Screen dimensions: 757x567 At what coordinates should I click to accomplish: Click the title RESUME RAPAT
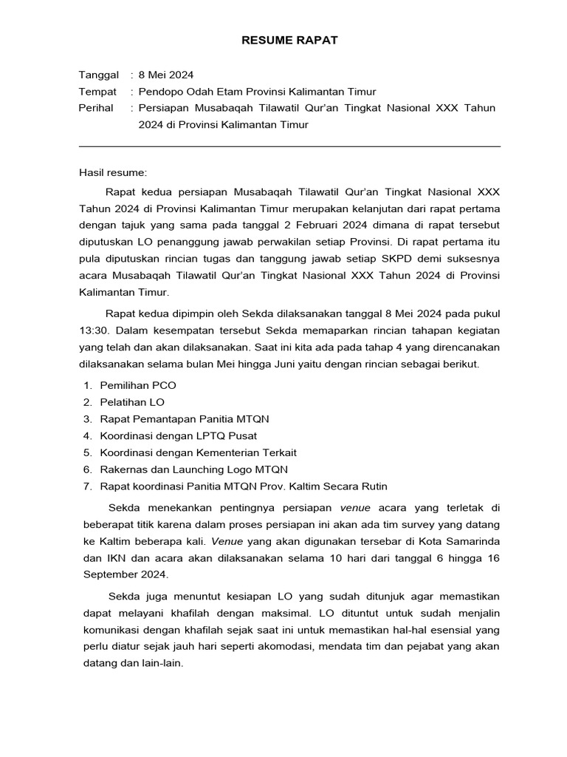click(289, 41)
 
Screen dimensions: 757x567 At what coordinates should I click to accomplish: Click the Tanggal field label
click(98, 75)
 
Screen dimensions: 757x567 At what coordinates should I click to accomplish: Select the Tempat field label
click(97, 92)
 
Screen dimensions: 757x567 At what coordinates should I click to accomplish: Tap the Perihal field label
click(96, 108)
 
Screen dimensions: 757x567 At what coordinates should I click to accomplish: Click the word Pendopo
click(160, 92)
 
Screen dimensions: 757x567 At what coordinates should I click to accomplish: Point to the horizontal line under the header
click(289, 146)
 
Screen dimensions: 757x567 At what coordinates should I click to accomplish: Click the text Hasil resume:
click(113, 173)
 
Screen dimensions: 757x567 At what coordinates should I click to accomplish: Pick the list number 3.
click(86, 419)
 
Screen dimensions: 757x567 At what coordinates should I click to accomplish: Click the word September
click(106, 574)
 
